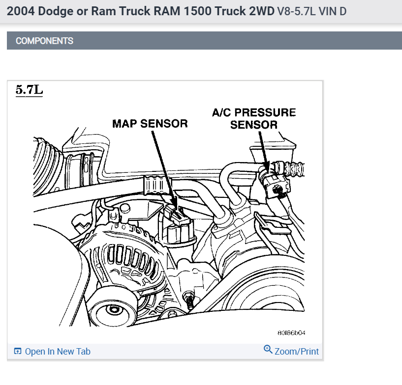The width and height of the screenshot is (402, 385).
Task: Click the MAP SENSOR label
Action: [150, 123]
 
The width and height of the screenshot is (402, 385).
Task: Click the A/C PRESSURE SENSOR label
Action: [253, 118]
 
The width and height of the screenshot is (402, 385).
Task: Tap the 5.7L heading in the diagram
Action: [30, 90]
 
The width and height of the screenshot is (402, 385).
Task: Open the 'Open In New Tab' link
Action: [58, 351]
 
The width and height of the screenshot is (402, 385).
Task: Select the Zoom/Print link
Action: [297, 351]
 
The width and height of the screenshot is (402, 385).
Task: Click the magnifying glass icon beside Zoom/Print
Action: [268, 349]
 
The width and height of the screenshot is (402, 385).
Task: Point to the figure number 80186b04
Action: [291, 333]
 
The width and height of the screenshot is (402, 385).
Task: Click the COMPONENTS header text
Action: [44, 41]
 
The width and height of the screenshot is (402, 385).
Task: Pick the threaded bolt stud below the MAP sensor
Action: [188, 300]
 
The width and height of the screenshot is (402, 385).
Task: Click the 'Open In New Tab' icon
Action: [18, 351]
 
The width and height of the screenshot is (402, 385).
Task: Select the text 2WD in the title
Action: [262, 11]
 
